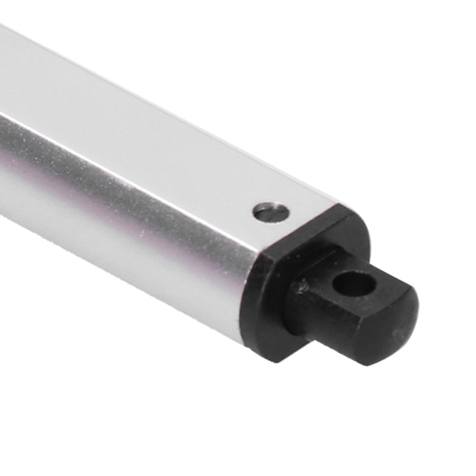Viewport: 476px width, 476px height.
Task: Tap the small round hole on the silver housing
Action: [271, 212]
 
